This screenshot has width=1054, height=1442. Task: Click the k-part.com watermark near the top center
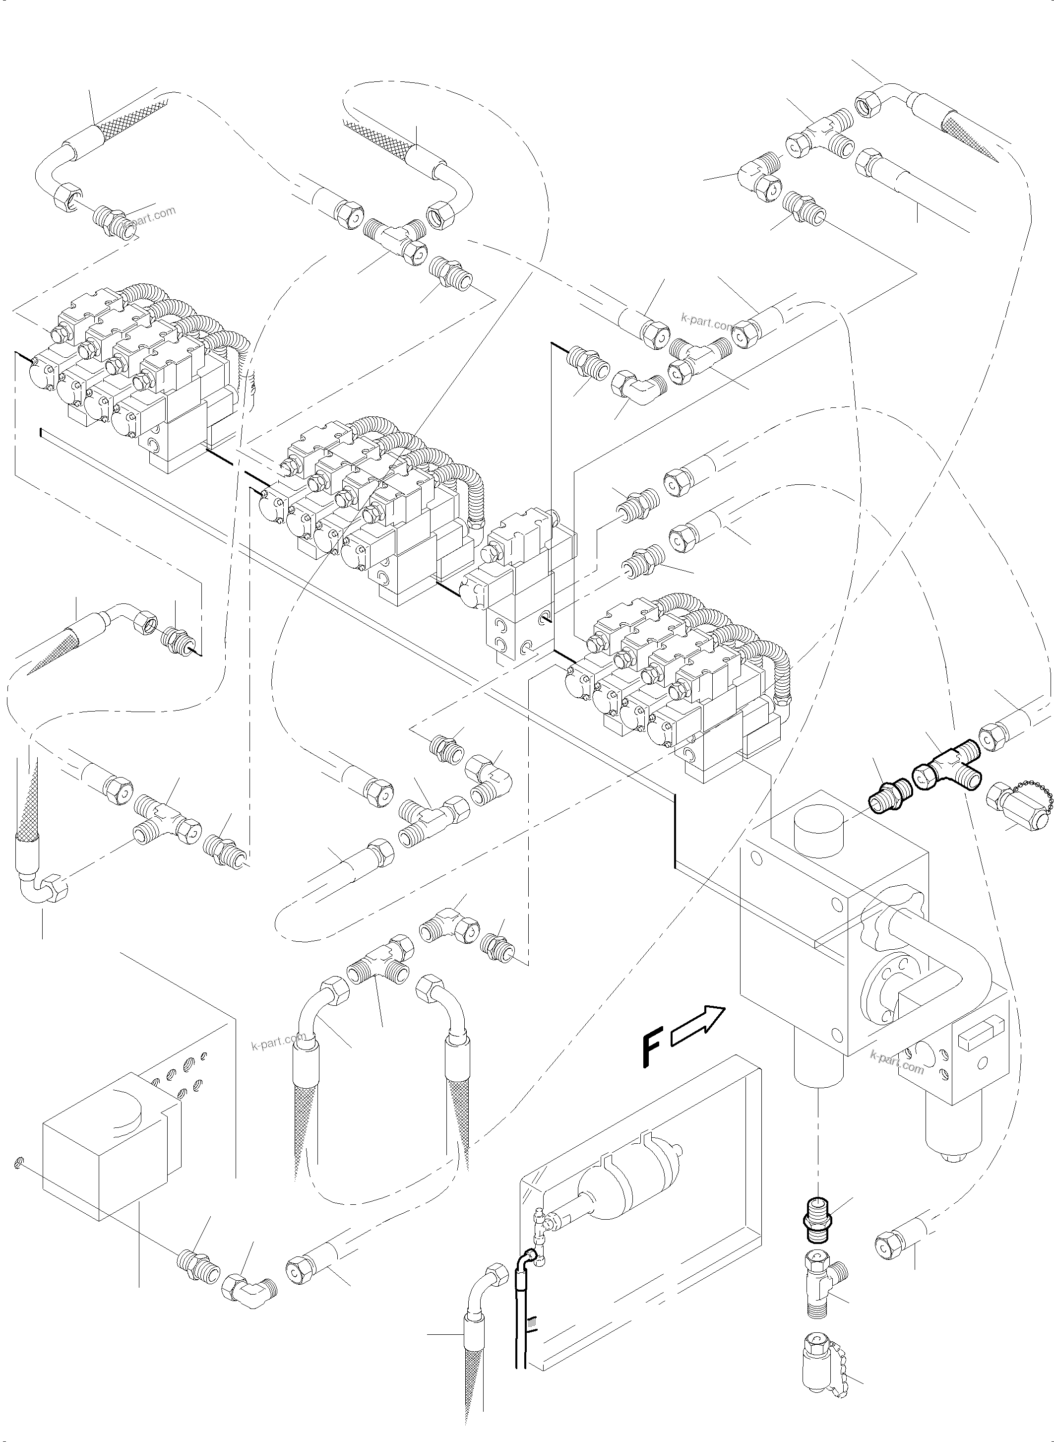707,323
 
